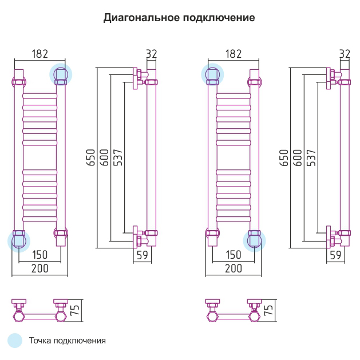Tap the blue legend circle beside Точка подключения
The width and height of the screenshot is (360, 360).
(15, 341)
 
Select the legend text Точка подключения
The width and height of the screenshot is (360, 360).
(68, 341)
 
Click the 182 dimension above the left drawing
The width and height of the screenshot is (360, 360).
(39, 54)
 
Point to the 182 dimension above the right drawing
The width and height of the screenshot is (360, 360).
(234, 54)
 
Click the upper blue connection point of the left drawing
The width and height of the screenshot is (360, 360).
(60, 74)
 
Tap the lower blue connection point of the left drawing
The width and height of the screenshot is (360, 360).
(19, 240)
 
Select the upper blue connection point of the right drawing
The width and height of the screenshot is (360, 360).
(212, 74)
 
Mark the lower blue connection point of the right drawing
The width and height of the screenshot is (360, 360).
(254, 240)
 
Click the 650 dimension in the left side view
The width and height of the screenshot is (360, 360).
(91, 158)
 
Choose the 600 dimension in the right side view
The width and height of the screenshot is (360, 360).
(298, 158)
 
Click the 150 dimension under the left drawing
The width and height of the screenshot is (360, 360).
(39, 255)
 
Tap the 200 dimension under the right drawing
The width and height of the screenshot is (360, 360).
(234, 268)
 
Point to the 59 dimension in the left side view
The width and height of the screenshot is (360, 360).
(142, 255)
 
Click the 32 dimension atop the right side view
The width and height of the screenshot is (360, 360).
(345, 54)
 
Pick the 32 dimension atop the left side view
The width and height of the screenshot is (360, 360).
(151, 54)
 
